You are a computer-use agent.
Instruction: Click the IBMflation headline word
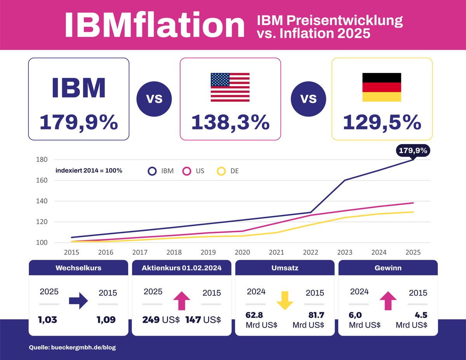pos(155,25)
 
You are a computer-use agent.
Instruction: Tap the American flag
pos(230,87)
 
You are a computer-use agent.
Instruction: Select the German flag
pos(382,87)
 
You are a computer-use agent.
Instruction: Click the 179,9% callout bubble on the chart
pos(413,151)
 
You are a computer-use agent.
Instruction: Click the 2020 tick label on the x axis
pos(242,252)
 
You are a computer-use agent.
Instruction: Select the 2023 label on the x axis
pos(345,252)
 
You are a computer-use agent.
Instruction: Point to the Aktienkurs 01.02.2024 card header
pos(182,268)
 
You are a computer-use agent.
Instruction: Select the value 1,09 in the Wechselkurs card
pos(106,320)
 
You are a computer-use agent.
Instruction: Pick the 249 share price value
pos(151,320)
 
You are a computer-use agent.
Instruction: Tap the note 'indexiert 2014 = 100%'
pos(89,170)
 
